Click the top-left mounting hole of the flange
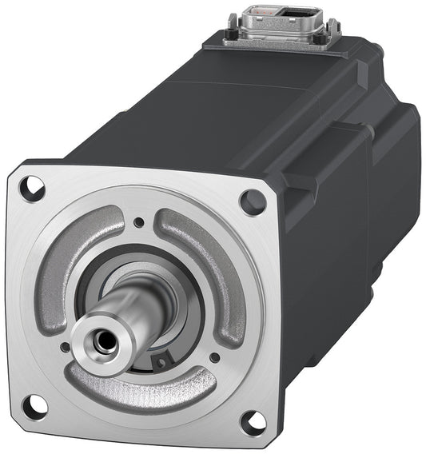33,189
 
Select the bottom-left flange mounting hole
34,407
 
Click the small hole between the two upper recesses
139,222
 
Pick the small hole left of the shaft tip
65,347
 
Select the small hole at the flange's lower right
214,357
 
